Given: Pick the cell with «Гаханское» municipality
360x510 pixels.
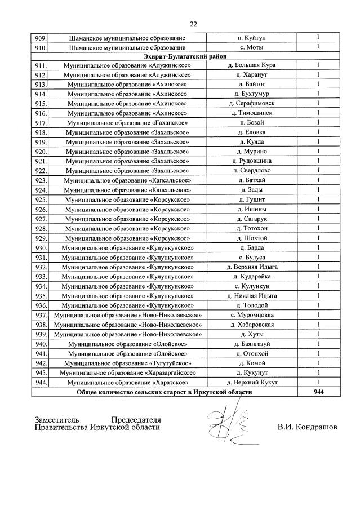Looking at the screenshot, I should click(x=127, y=123).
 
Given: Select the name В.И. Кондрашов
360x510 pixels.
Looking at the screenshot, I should click(x=307, y=427).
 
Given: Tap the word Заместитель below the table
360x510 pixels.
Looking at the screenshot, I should click(x=57, y=420).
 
